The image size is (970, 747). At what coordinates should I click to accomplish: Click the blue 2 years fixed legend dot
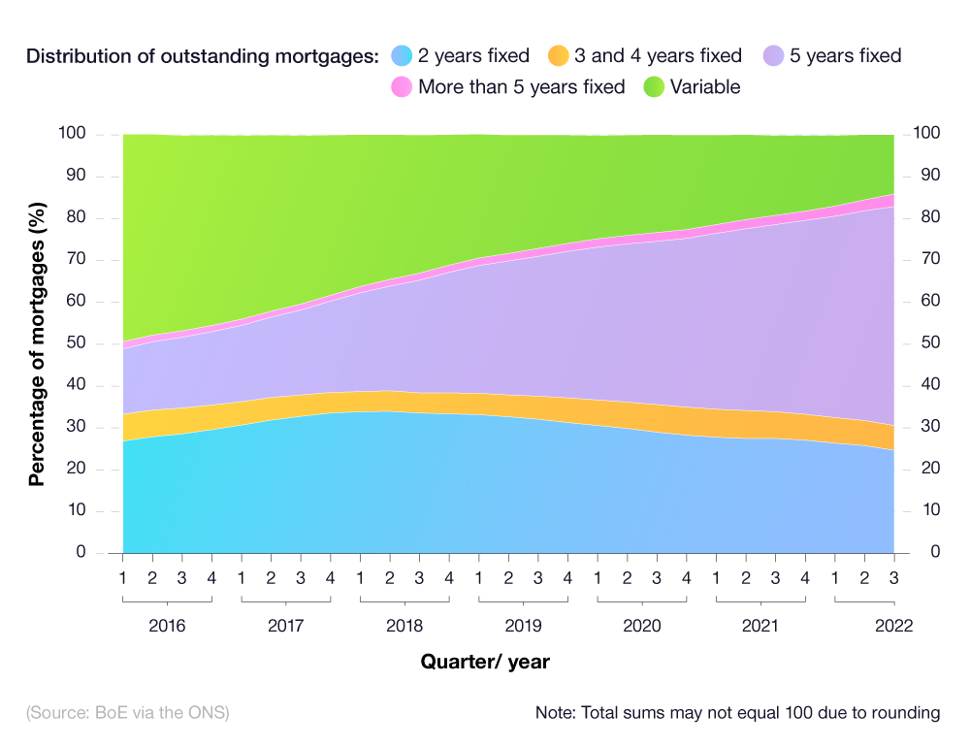[x=402, y=55]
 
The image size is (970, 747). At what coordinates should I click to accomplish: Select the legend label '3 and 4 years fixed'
[x=658, y=55]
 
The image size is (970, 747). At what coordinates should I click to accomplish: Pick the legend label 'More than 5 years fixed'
[x=521, y=86]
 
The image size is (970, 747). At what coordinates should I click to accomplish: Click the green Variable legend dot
[x=654, y=86]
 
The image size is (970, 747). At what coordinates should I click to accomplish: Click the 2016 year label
[x=167, y=626]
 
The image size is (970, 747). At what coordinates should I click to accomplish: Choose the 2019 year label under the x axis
[x=523, y=626]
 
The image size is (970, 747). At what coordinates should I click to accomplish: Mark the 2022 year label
[x=893, y=626]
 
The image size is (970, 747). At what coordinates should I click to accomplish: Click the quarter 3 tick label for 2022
[x=893, y=578]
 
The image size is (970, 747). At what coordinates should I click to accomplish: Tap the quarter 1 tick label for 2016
[x=123, y=578]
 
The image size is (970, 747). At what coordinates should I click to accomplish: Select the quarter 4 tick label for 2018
[x=449, y=578]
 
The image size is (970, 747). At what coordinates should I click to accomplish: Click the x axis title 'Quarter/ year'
[x=485, y=663]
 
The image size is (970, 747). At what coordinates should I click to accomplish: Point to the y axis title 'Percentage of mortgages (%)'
[x=37, y=342]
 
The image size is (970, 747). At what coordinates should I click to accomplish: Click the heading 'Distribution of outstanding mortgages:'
[x=202, y=55]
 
